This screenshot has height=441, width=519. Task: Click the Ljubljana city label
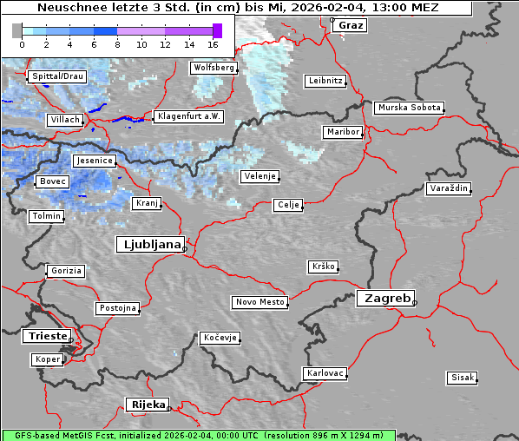[x=149, y=245]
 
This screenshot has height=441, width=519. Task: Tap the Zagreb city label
[x=384, y=298]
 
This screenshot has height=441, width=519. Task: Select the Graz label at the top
[x=350, y=25]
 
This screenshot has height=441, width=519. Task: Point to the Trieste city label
[x=45, y=336]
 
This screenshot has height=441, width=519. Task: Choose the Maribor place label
[x=342, y=132]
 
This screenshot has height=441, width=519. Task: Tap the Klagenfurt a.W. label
[x=188, y=116]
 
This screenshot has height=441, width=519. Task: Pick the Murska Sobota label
[x=409, y=108]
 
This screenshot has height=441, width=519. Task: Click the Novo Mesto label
[x=259, y=302]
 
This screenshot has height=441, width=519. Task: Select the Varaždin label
[x=449, y=188]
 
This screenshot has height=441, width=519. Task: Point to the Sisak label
[x=461, y=378]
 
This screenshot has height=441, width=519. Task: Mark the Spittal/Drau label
[x=57, y=76]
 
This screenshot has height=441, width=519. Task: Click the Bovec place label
[x=52, y=181]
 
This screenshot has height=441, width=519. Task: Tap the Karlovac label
[x=325, y=373]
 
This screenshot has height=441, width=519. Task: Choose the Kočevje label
[x=220, y=338]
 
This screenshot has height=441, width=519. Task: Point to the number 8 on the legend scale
[x=118, y=43]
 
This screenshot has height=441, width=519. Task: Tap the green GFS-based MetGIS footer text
[x=198, y=434]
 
